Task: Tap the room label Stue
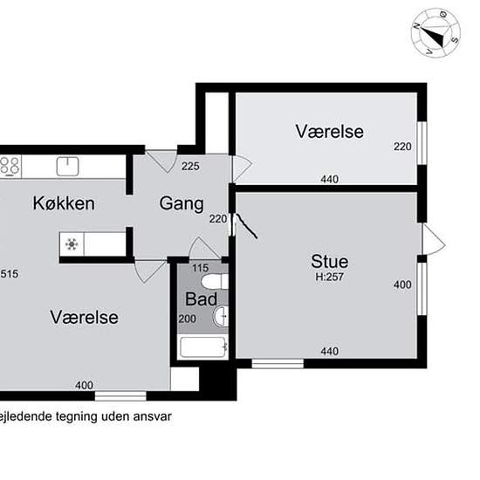tap(329, 261)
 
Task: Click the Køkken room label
tap(63, 203)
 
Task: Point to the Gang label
tap(181, 203)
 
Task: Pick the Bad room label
tap(201, 299)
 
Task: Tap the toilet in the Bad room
tap(213, 282)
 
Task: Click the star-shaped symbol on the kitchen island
tap(71, 244)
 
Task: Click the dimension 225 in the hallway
tap(191, 166)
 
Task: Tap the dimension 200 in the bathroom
tap(188, 319)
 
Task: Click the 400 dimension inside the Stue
tap(401, 285)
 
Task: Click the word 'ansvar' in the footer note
tap(148, 416)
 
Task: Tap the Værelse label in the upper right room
tap(328, 132)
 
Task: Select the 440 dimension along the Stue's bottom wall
tap(329, 352)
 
